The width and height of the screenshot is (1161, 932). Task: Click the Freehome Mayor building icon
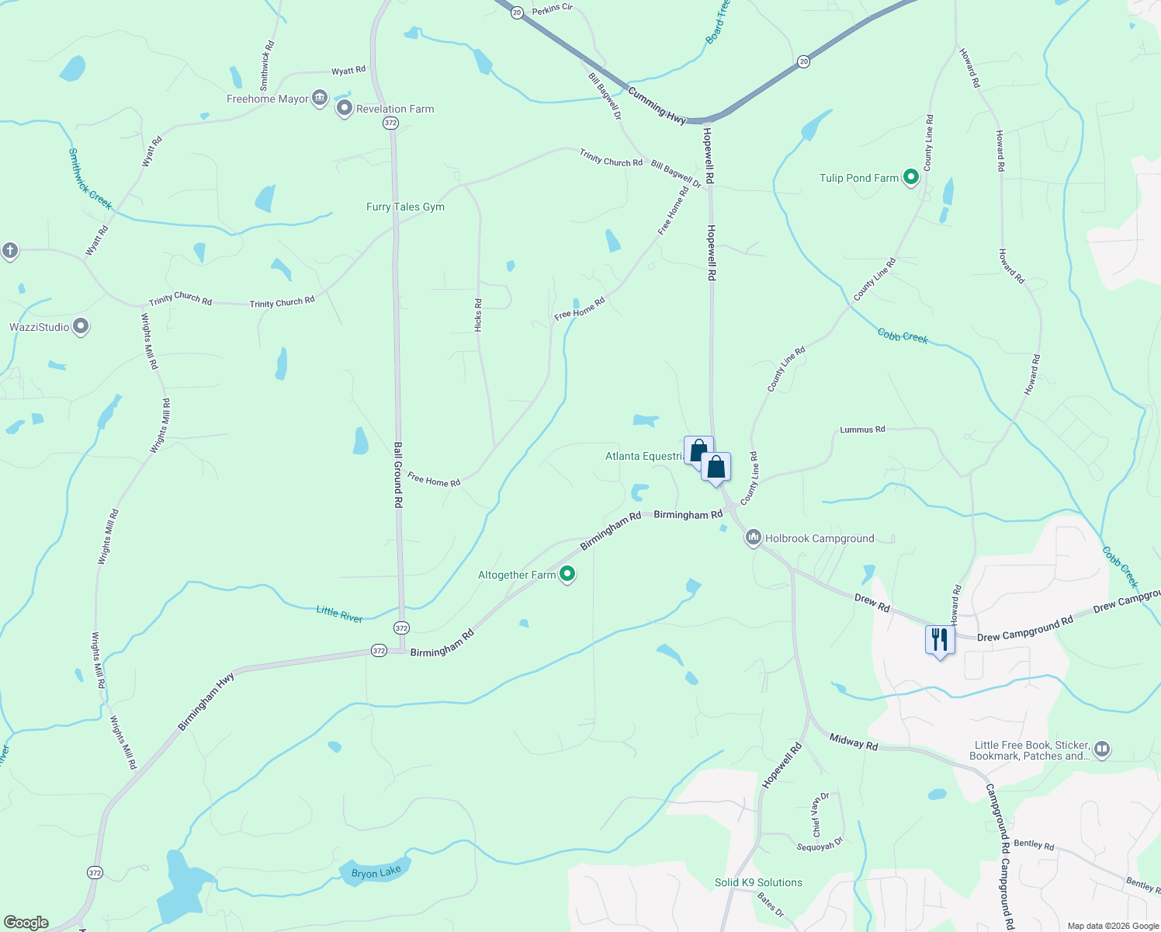[319, 98]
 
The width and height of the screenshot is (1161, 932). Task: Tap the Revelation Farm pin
[345, 109]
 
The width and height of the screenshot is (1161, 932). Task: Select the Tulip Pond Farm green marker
[911, 177]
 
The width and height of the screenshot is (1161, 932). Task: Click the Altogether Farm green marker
[567, 574]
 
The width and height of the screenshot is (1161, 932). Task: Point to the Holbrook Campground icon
[753, 537]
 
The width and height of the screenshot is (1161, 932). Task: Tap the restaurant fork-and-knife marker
[940, 640]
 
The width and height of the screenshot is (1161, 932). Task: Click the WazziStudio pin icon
[81, 326]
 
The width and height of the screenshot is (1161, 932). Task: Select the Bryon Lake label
[376, 873]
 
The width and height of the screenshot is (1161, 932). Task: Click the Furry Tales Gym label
[405, 207]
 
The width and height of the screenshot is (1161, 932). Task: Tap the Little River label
[339, 614]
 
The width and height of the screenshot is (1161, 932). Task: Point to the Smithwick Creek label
[90, 179]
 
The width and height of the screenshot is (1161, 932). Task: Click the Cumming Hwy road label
[657, 106]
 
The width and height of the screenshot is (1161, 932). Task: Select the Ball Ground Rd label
[398, 475]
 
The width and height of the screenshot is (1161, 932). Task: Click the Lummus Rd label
[862, 429]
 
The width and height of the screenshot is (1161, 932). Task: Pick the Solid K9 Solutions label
[758, 882]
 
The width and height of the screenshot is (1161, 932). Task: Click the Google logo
[26, 923]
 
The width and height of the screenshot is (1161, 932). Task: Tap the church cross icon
[9, 250]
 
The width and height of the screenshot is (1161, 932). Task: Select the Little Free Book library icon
[1102, 749]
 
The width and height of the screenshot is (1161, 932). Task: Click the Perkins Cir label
[552, 9]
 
